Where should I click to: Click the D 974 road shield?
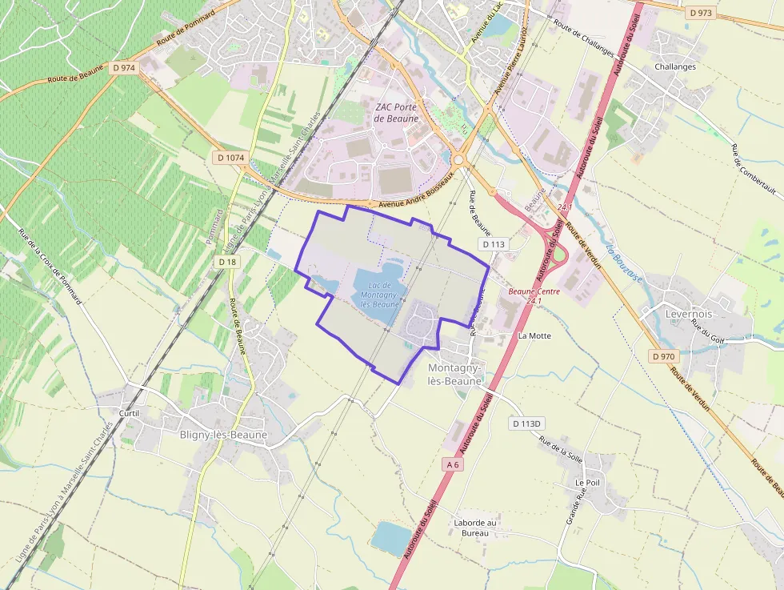pyautogui.click(x=124, y=68)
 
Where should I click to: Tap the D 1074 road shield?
pyautogui.click(x=230, y=158)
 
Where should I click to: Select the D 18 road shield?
pyautogui.click(x=227, y=262)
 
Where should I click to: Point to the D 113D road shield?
pyautogui.click(x=527, y=423)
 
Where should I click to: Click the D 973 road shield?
pyautogui.click(x=700, y=13)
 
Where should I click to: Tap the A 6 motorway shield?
pyautogui.click(x=453, y=464)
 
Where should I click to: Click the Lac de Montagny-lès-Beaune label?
pyautogui.click(x=380, y=295)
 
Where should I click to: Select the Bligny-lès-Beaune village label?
pyautogui.click(x=223, y=435)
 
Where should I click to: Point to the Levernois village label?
pyautogui.click(x=689, y=314)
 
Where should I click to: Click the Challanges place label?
pyautogui.click(x=674, y=66)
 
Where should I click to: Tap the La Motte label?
pyautogui.click(x=534, y=335)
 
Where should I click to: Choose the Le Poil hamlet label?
pyautogui.click(x=587, y=484)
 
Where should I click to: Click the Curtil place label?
pyautogui.click(x=129, y=413)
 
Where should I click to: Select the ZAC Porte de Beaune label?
pyautogui.click(x=396, y=112)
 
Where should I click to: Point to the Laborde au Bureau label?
pyautogui.click(x=475, y=528)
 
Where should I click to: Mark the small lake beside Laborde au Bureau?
pyautogui.click(x=391, y=538)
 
